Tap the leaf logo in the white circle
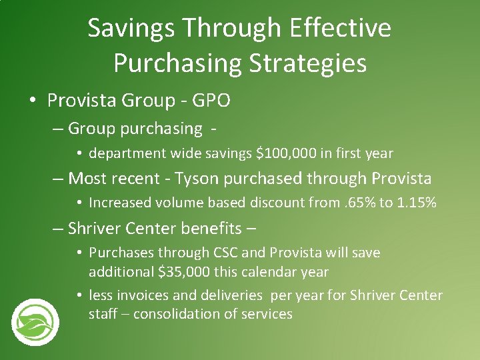[x=35, y=323]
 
